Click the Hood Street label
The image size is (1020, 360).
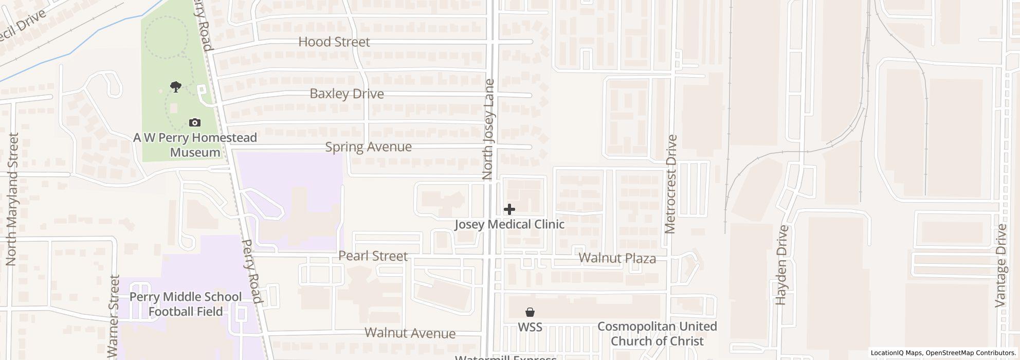334,42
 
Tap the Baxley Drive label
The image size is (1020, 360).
347,94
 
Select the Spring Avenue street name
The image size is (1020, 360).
368,147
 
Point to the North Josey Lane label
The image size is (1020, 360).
488,129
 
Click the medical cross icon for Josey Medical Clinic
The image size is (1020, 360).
509,209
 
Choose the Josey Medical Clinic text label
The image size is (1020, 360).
509,224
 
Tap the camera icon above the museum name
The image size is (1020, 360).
195,122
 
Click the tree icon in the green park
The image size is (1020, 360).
176,86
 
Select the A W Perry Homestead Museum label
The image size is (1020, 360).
195,145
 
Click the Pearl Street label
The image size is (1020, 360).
373,256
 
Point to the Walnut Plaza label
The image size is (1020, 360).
617,258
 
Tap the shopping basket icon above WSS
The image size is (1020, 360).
530,312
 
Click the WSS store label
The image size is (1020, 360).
530,327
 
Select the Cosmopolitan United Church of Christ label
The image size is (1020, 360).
657,333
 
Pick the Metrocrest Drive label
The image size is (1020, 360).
671,184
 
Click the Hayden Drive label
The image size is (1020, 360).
782,265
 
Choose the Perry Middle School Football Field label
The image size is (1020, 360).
186,304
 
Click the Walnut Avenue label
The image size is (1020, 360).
410,333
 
